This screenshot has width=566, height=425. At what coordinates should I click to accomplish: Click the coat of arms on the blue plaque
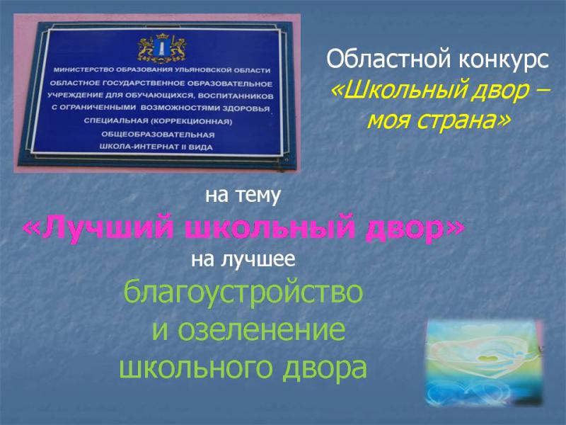[x=162, y=47]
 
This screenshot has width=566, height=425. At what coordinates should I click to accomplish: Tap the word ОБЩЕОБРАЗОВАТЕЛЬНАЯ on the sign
[x=158, y=135]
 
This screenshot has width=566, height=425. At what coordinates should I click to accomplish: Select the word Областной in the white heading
[x=389, y=59]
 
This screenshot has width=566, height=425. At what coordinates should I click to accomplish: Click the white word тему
[x=258, y=196]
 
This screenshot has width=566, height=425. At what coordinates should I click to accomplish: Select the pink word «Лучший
[x=98, y=229]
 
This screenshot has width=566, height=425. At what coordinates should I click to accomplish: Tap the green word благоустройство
[x=243, y=292]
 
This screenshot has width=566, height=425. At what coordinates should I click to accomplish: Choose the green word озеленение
[x=262, y=329]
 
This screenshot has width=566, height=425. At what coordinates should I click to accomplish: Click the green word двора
[x=325, y=368]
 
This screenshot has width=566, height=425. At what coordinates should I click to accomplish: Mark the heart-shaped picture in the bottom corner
[x=485, y=363]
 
